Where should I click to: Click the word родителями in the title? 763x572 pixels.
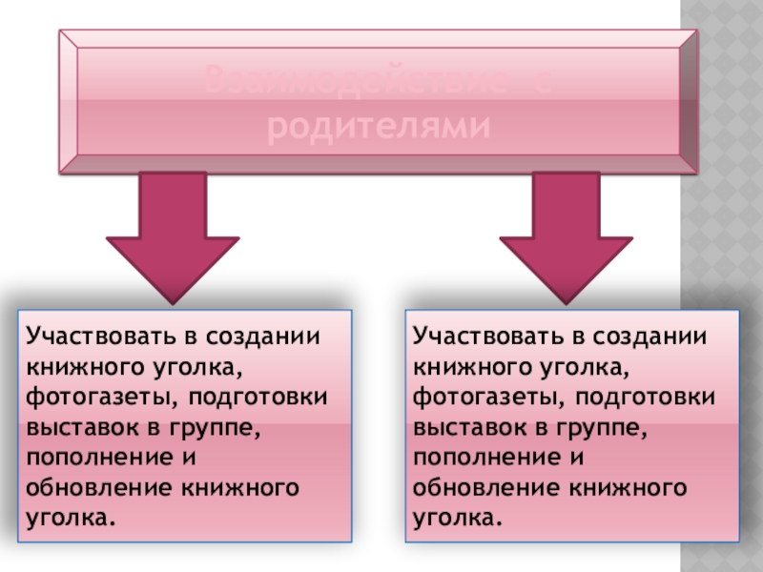point(379,127)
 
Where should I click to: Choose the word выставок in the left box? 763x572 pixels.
point(76,426)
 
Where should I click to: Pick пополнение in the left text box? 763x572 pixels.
point(92,458)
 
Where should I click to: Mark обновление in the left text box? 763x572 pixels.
point(95,488)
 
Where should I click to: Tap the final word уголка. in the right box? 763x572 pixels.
point(458,519)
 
